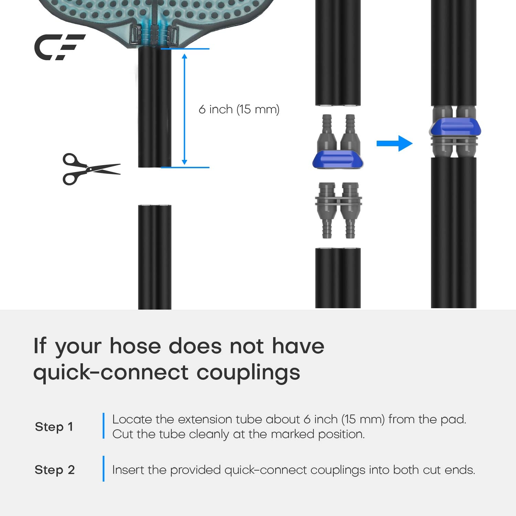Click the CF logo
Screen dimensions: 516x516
(x=59, y=47)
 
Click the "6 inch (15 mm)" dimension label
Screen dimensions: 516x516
(x=239, y=109)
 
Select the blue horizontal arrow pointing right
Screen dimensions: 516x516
(x=395, y=143)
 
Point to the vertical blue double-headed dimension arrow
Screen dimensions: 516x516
(x=184, y=109)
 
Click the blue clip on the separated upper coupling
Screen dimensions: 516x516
(x=338, y=159)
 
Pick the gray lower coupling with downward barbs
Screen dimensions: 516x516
(x=338, y=210)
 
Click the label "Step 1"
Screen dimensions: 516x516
(x=54, y=427)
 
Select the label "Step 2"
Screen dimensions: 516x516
(x=55, y=470)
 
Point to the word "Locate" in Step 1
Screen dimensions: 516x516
(x=132, y=419)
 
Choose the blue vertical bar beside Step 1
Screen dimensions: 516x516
(x=104, y=426)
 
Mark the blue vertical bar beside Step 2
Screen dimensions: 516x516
(x=104, y=469)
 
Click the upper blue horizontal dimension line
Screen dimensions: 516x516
(x=185, y=49)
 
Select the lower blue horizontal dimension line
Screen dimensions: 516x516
(x=185, y=168)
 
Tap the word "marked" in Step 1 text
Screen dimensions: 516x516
(x=293, y=434)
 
